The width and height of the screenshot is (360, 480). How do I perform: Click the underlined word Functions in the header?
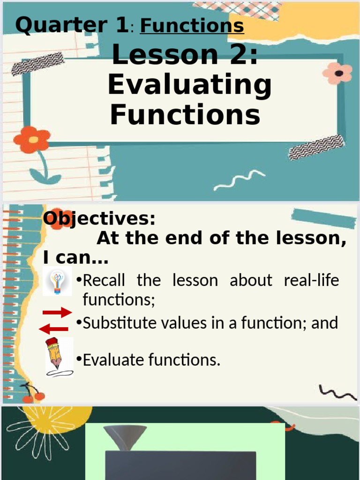pyautogui.click(x=192, y=25)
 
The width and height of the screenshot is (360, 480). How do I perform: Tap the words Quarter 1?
pyautogui.click(x=71, y=24)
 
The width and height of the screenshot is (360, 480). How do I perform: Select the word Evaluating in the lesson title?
pyautogui.click(x=189, y=85)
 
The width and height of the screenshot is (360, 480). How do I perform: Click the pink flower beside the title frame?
pyautogui.click(x=337, y=73)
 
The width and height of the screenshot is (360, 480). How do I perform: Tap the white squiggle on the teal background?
pyautogui.click(x=239, y=180)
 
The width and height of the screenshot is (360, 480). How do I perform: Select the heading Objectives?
pyautogui.click(x=99, y=218)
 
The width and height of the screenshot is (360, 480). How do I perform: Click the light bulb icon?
pyautogui.click(x=57, y=282)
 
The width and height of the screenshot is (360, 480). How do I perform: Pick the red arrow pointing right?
pyautogui.click(x=57, y=313)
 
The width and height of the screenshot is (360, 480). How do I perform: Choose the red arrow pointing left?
pyautogui.click(x=54, y=329)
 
